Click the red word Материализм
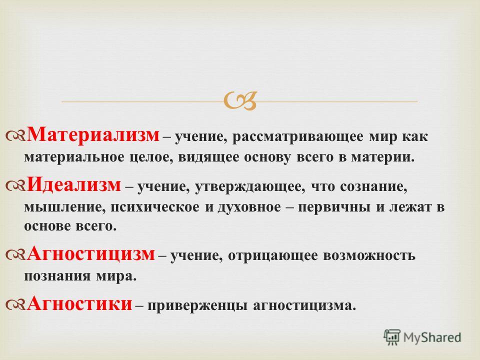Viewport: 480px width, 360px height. click(x=93, y=135)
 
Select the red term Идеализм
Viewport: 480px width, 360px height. click(x=74, y=185)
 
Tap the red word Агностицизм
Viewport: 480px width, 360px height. click(x=91, y=254)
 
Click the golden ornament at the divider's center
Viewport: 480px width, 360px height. click(x=240, y=101)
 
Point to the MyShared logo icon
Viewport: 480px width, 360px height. click(x=392, y=337)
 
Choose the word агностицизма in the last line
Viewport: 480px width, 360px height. click(x=305, y=305)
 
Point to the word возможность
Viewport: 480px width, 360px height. click(x=369, y=255)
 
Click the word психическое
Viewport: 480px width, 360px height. click(x=155, y=208)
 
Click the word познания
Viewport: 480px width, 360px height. click(x=57, y=276)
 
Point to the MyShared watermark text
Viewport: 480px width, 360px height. click(x=432, y=337)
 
